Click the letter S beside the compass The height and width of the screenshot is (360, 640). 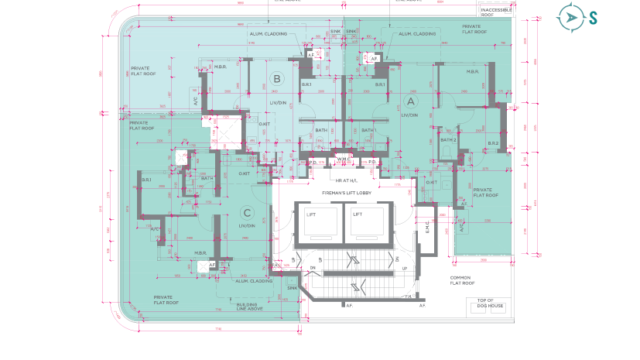[594, 17]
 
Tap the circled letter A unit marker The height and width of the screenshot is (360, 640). [409, 102]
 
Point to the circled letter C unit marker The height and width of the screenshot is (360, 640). [246, 212]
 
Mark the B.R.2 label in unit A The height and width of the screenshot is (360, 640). [493, 143]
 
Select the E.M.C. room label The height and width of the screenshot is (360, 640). [425, 228]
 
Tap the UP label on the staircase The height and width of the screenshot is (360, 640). [404, 269]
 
